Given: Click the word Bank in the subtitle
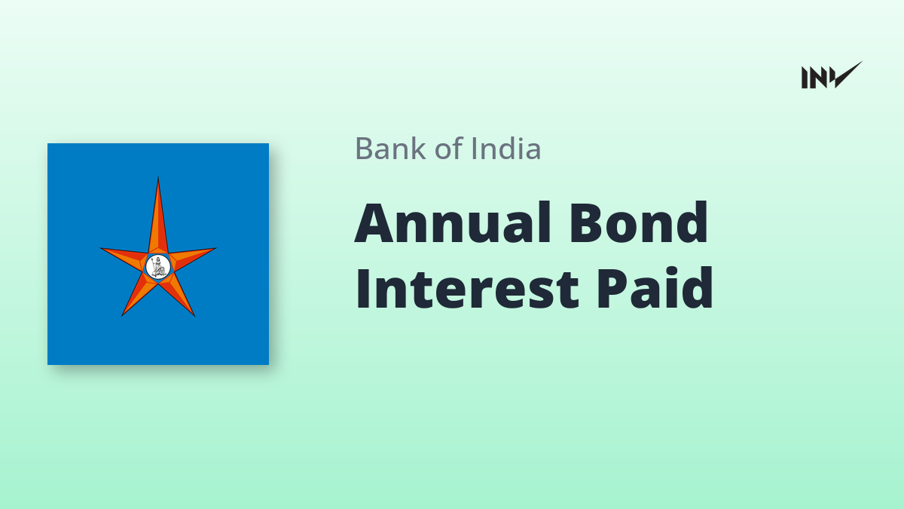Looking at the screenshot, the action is tap(390, 149).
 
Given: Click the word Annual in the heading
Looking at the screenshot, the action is tap(453, 222).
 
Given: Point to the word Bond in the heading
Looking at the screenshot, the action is tap(639, 222).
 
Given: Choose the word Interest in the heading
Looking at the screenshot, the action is tap(467, 288).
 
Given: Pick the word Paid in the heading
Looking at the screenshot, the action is tap(655, 287).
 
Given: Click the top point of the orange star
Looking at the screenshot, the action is tap(158, 177).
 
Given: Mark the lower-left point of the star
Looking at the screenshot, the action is tap(122, 315).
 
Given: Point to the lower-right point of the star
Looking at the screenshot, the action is tap(194, 315).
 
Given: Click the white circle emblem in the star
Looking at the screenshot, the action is tap(158, 267).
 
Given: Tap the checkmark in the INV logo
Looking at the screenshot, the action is tap(847, 75).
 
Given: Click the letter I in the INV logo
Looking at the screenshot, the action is tap(805, 78).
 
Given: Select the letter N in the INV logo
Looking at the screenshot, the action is tap(819, 78).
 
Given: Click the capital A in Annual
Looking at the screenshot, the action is tap(374, 222).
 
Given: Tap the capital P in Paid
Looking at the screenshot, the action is tap(613, 288).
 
